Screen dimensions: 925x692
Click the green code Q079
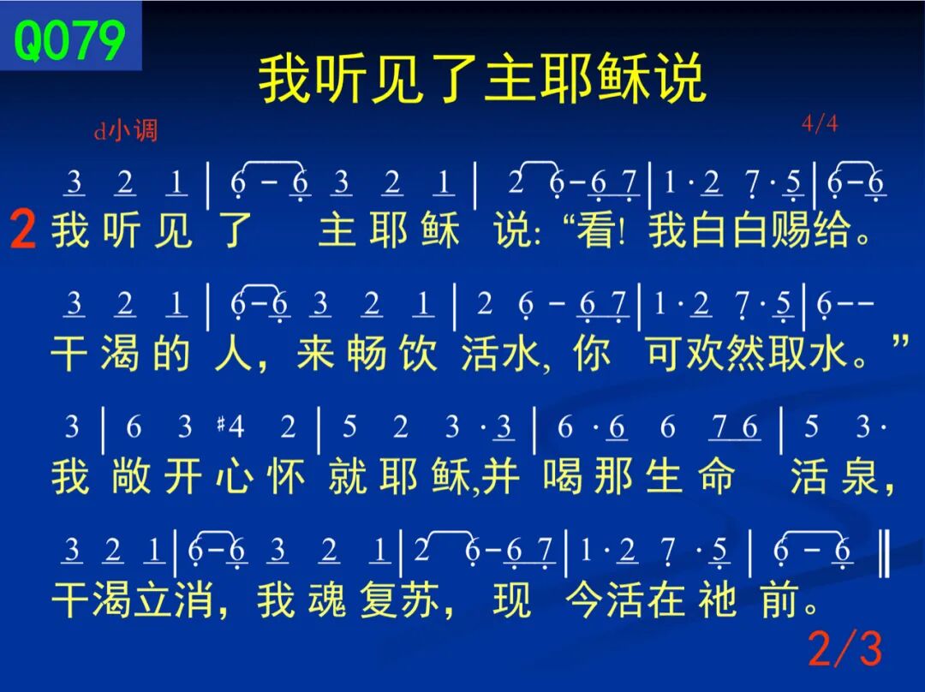pyautogui.click(x=69, y=40)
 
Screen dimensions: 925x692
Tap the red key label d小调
pyautogui.click(x=126, y=130)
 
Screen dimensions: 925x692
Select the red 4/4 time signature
pyautogui.click(x=820, y=123)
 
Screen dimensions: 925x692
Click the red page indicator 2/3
pyautogui.click(x=845, y=648)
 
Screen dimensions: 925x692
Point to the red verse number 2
pyautogui.click(x=23, y=230)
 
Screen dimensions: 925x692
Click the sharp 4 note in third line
pyautogui.click(x=230, y=426)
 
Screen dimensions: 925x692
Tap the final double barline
pyautogui.click(x=884, y=552)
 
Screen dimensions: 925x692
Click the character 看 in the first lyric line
pyautogui.click(x=596, y=230)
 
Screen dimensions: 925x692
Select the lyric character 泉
pyautogui.click(x=861, y=477)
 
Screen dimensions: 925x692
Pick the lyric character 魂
pyautogui.click(x=327, y=600)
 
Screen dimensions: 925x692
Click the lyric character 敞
pyautogui.click(x=131, y=477)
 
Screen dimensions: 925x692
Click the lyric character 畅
pyautogui.click(x=366, y=354)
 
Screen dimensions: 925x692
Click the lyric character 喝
pyautogui.click(x=563, y=477)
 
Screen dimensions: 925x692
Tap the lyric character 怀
pyautogui.click(x=286, y=477)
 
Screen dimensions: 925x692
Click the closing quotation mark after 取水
pyautogui.click(x=900, y=343)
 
